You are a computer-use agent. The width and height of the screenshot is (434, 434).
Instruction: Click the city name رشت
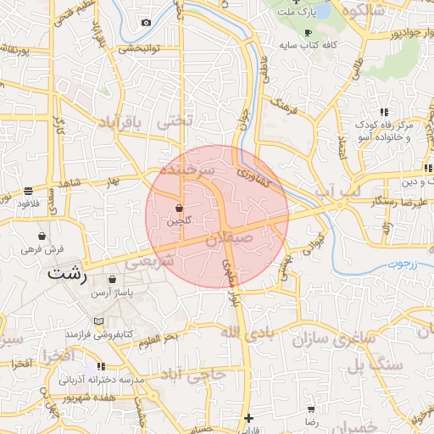pos(68,275)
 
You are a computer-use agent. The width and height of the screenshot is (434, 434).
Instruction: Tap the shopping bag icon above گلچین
pos(179,208)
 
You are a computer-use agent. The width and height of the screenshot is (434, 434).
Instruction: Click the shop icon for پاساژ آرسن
pos(112,278)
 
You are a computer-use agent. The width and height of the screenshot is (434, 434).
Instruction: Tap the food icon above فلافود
pos(29,192)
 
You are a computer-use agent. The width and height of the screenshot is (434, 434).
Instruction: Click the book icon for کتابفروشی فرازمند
pos(99,322)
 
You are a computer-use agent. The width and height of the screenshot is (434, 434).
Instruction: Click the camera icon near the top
pos(146,22)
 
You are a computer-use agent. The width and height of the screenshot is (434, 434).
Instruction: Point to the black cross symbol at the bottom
pos(248,417)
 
